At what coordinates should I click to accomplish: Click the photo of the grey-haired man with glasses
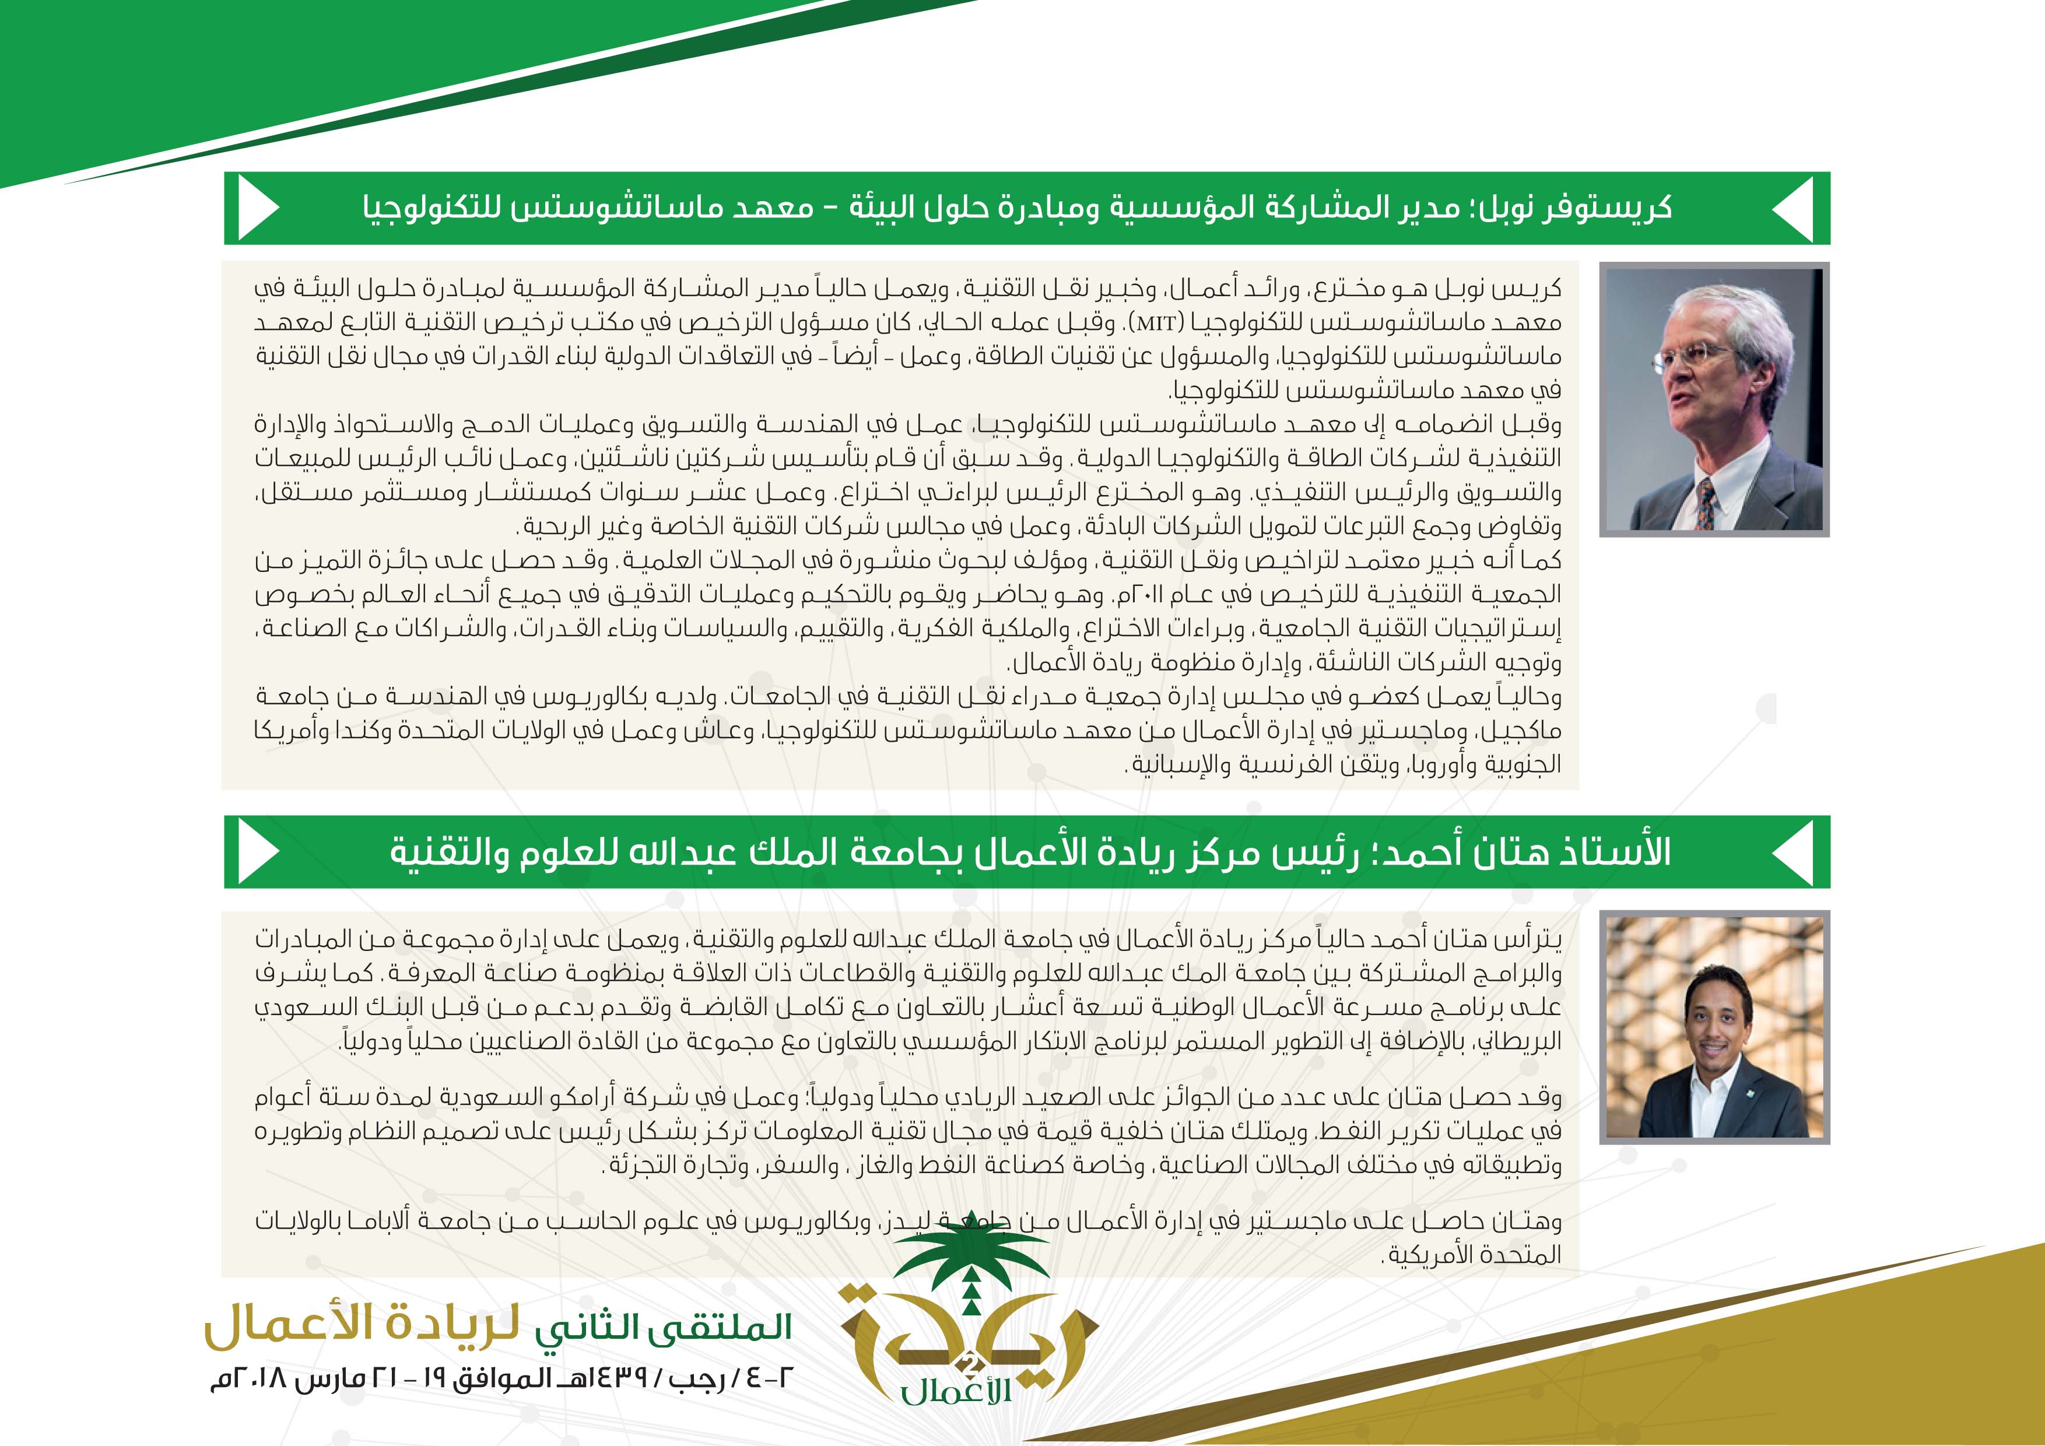1714,399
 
